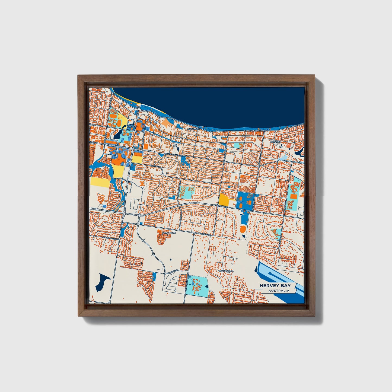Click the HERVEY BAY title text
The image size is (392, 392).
(x=275, y=285)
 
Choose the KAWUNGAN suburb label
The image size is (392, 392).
(x=169, y=233)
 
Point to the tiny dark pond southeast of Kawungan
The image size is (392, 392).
(x=171, y=260)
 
